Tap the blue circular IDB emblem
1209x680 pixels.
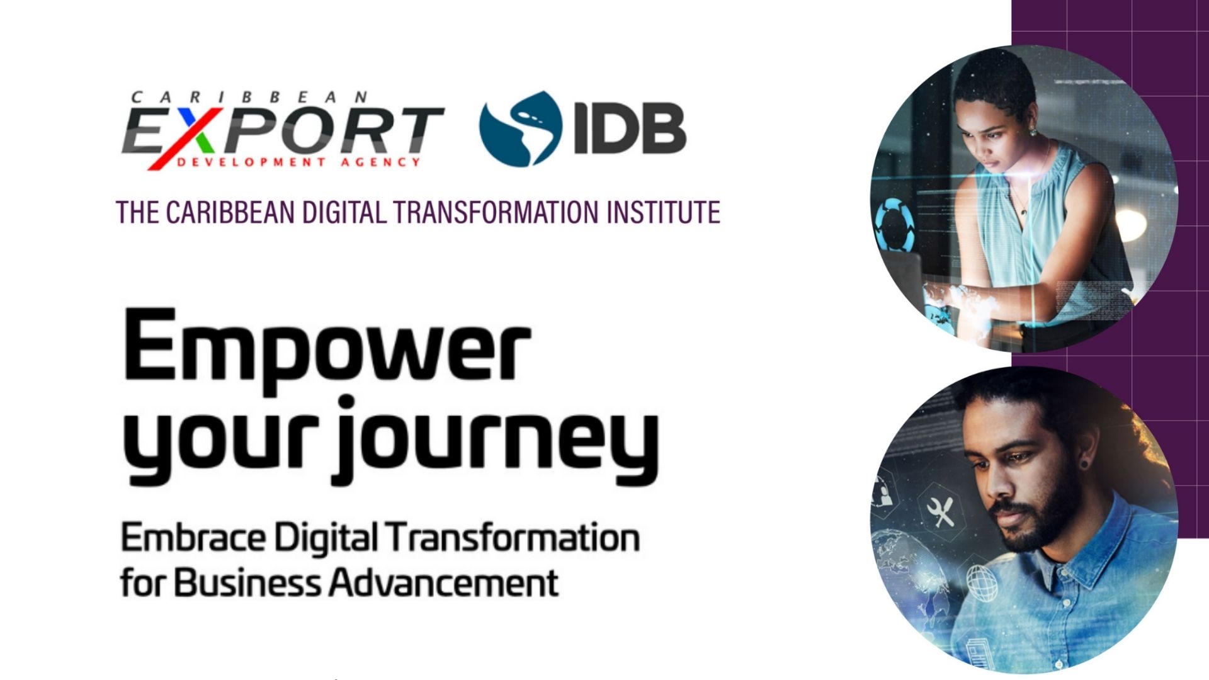click(x=520, y=128)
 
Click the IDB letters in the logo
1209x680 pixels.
click(x=630, y=130)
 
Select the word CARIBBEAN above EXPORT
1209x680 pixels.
click(x=249, y=98)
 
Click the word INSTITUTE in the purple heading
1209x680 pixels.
click(x=663, y=212)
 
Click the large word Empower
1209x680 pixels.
click(x=326, y=349)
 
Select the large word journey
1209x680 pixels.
click(x=496, y=441)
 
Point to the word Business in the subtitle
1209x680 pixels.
click(x=247, y=582)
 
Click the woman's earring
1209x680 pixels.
click(x=1032, y=132)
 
